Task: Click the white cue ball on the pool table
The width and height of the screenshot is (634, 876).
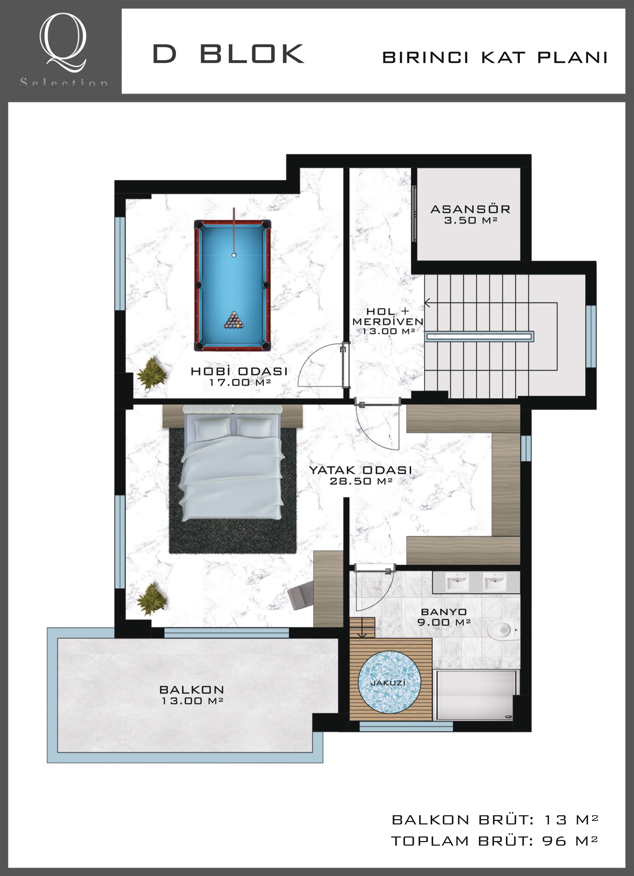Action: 234,255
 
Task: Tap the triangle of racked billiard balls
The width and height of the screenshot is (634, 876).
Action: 234,320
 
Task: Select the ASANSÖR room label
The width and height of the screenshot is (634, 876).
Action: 470,209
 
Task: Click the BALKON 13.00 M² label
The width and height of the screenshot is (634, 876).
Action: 192,695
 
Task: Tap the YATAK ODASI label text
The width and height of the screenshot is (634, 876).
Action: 360,470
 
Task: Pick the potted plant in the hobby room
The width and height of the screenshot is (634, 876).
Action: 152,373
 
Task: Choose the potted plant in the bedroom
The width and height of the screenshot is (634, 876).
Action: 152,599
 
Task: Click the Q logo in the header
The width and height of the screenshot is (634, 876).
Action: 63,42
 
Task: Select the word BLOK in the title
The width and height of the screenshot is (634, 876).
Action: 252,54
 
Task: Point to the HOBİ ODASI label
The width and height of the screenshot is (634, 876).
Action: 239,371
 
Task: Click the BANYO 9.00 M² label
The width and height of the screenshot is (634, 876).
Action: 444,617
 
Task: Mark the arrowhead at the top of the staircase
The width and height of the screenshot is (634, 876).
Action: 427,303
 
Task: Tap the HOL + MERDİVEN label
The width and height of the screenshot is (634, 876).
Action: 388,321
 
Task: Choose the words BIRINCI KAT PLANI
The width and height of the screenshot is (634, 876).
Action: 494,58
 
